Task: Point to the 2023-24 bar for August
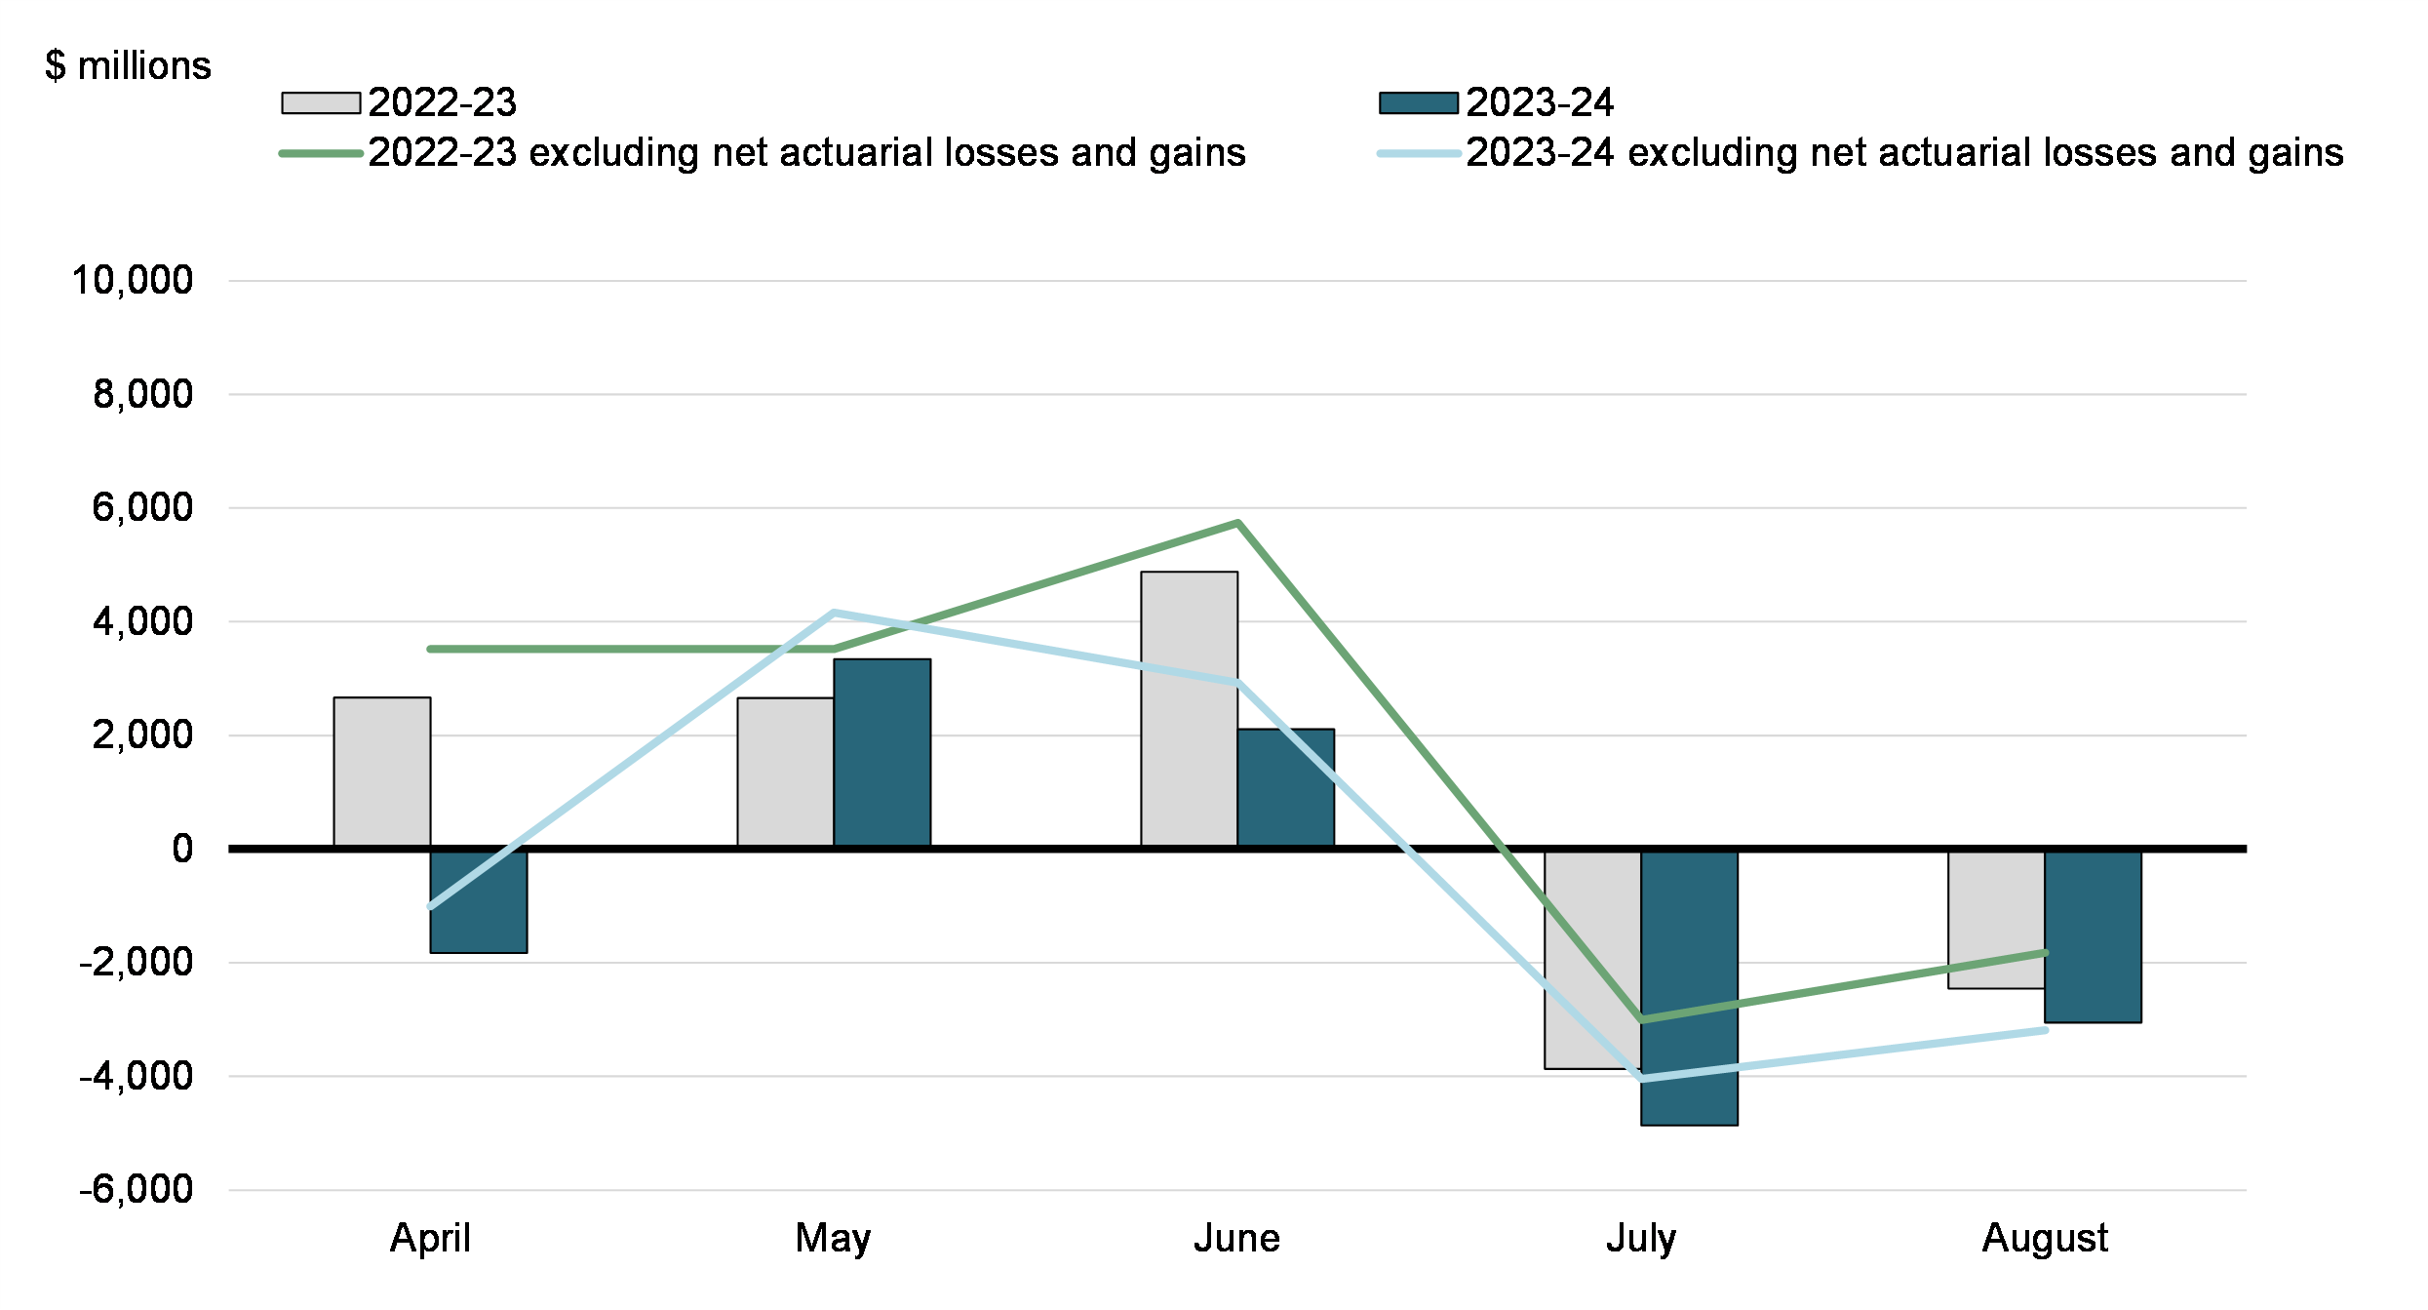point(2093,936)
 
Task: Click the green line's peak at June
point(1237,524)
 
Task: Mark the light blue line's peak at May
point(834,613)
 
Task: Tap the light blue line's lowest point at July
point(1642,1079)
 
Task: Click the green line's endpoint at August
point(2045,952)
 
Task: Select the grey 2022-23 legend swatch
point(321,102)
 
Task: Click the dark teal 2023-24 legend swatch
point(1418,102)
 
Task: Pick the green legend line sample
point(321,153)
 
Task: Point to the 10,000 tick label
point(133,280)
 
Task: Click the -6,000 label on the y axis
point(137,1189)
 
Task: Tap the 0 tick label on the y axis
point(182,849)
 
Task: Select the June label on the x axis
point(1236,1238)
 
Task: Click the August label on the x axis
point(2045,1238)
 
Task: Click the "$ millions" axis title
point(128,65)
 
